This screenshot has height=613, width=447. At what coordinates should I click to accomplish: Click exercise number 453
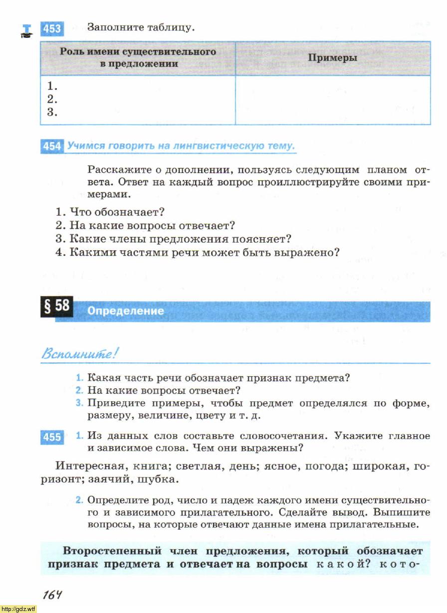(51, 29)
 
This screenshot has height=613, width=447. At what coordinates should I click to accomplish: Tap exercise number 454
(51, 146)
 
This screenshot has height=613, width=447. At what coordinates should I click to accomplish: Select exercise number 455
(51, 437)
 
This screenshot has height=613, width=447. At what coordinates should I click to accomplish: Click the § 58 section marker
(56, 306)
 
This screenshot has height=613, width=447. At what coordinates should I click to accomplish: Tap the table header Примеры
(332, 58)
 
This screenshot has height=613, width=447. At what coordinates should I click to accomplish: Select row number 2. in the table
(52, 99)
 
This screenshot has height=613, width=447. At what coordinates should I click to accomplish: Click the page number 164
(51, 595)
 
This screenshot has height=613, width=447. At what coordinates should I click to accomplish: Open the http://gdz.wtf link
(18, 609)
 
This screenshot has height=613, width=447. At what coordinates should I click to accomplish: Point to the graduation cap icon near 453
(27, 31)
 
